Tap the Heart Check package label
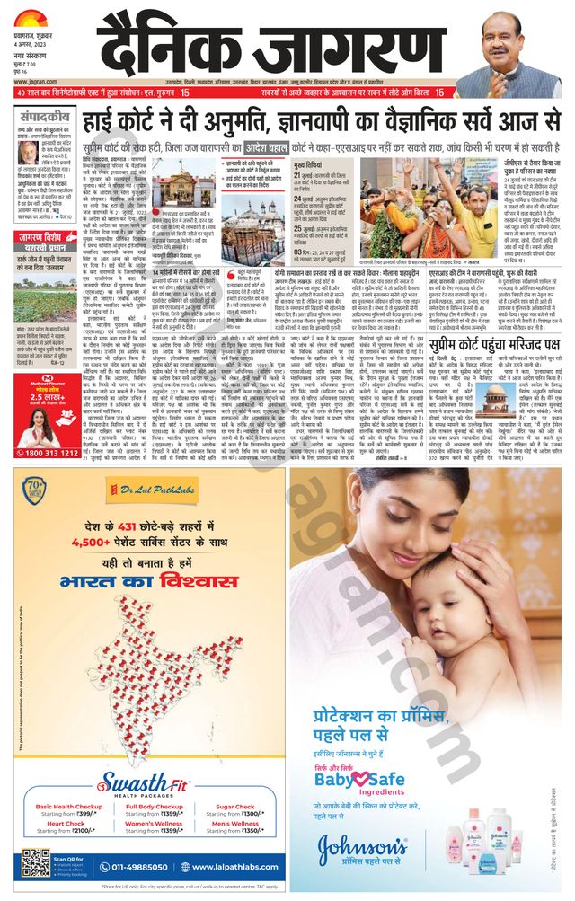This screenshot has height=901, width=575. pyautogui.click(x=66, y=822)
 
